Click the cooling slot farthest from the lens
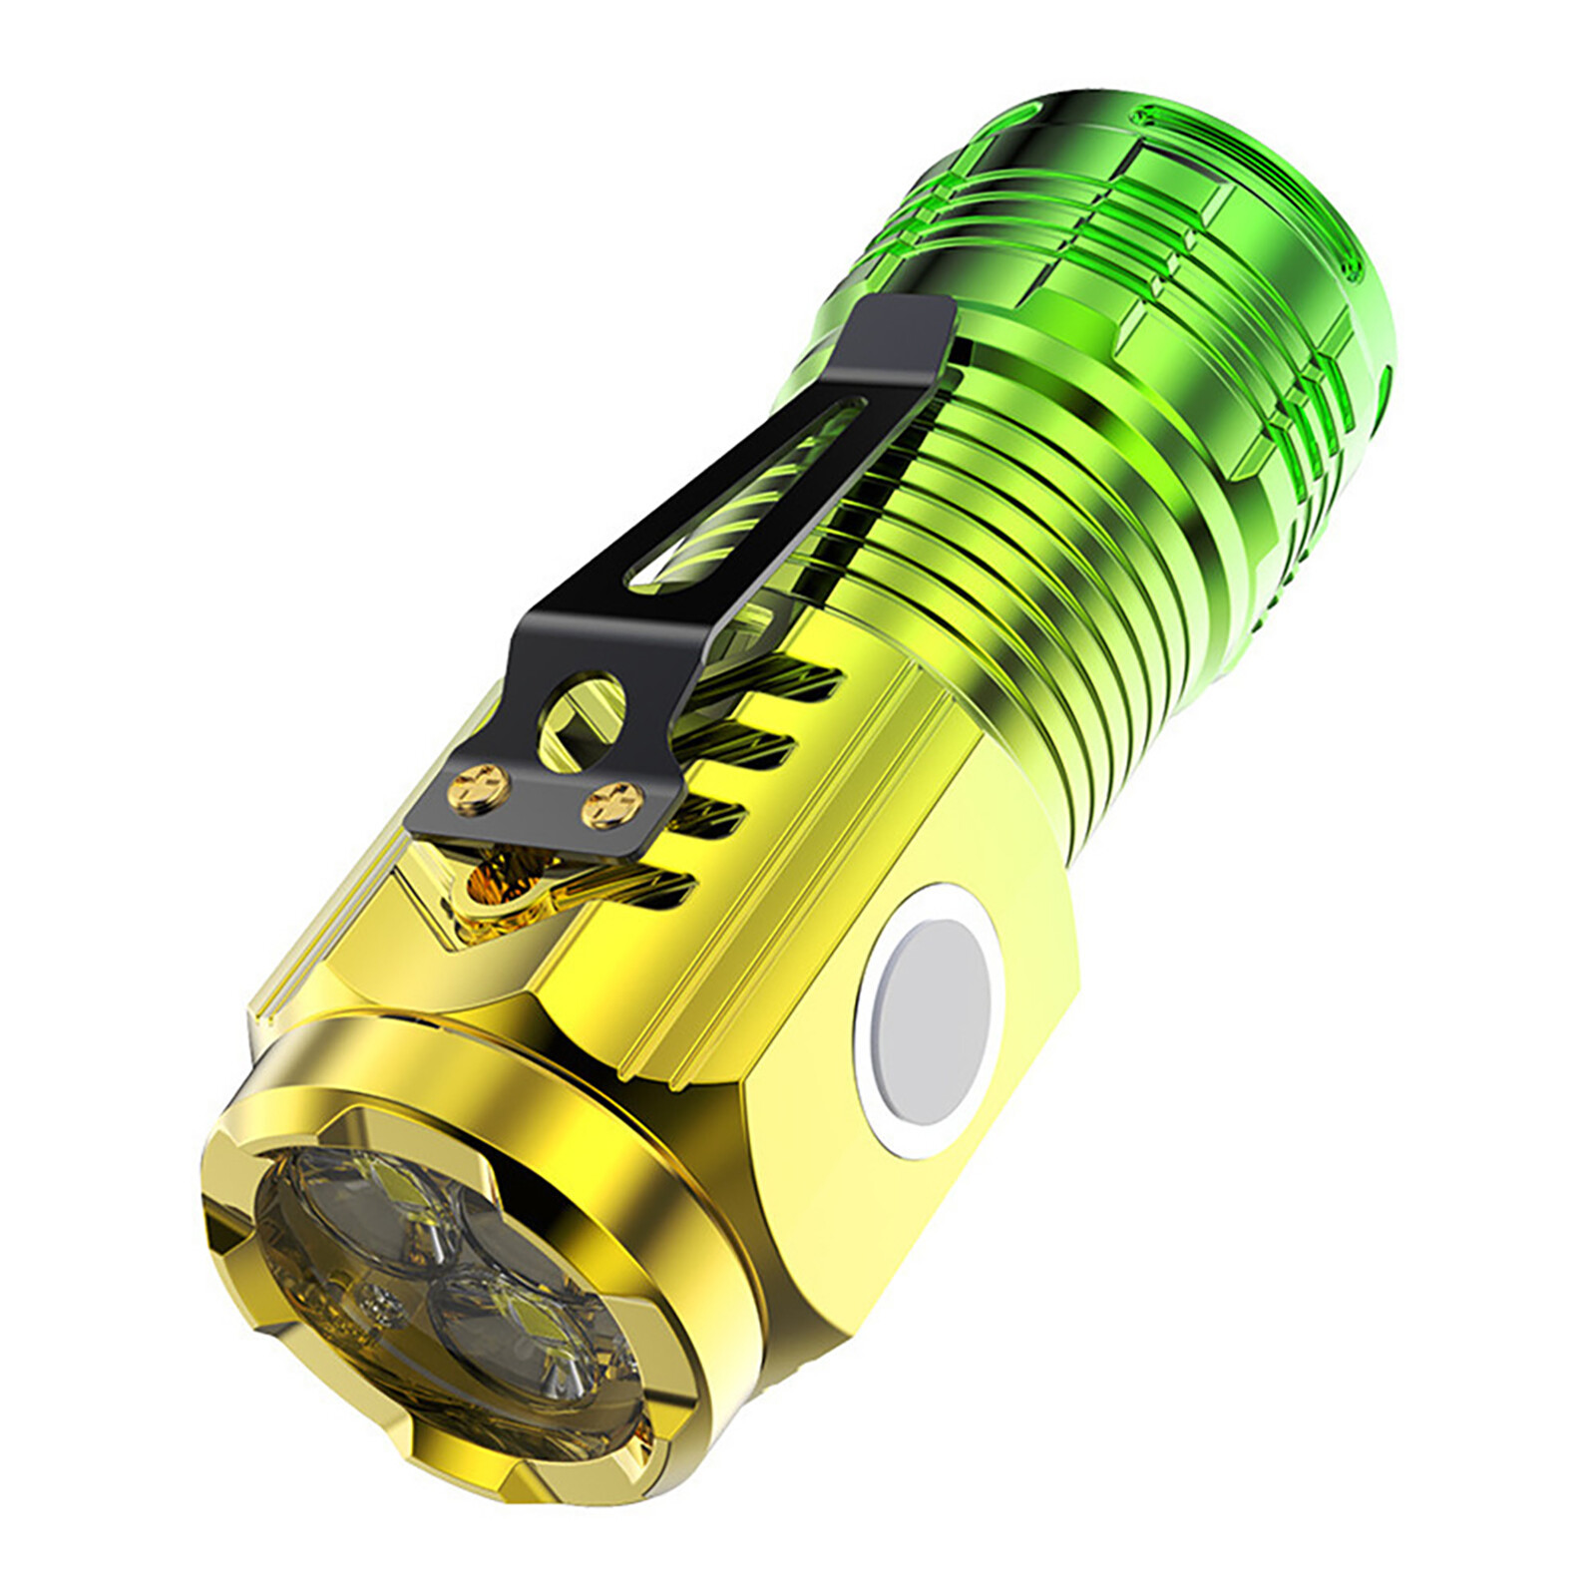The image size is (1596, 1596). tap(788, 688)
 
